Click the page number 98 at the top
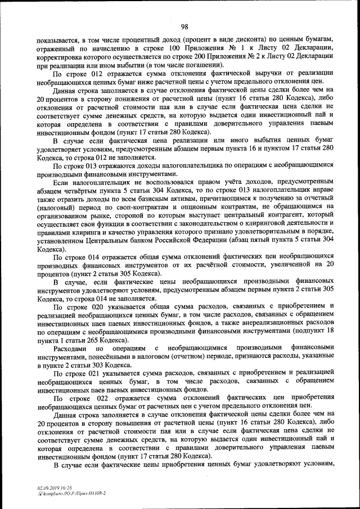184,25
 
